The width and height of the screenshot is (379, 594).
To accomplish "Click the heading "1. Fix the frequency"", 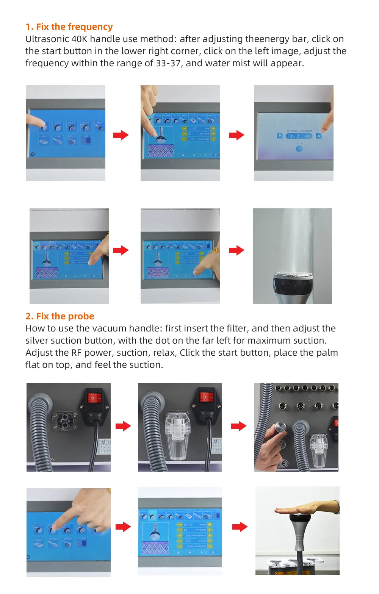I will coord(69,27).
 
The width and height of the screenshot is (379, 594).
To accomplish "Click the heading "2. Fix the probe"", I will coord(60,316).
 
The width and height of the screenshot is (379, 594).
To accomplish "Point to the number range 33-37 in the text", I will coord(168,63).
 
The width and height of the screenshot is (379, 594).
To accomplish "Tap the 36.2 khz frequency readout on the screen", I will coord(299,136).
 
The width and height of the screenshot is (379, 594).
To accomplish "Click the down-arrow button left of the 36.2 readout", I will coord(280,136).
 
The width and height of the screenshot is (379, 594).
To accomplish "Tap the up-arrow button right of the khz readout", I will coord(318,136).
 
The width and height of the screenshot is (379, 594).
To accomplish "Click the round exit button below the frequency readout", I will coord(299,149).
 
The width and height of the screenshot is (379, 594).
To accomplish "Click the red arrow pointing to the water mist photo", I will coord(236,250).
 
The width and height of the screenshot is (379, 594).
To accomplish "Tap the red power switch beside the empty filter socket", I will coord(94,398).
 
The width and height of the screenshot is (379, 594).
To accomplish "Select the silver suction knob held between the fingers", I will coord(280,428).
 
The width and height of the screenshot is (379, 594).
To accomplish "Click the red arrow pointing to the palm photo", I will coord(240,527).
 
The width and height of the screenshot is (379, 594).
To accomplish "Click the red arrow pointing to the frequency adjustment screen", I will coord(236,135).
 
